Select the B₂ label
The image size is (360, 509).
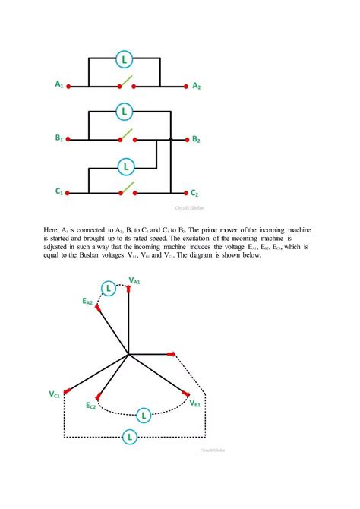click(197, 140)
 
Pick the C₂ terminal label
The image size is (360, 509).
click(195, 193)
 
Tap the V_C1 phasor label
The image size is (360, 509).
click(55, 395)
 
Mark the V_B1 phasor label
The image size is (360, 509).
click(195, 403)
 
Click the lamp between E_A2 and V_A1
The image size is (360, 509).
click(109, 289)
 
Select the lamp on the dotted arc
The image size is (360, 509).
click(142, 415)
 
